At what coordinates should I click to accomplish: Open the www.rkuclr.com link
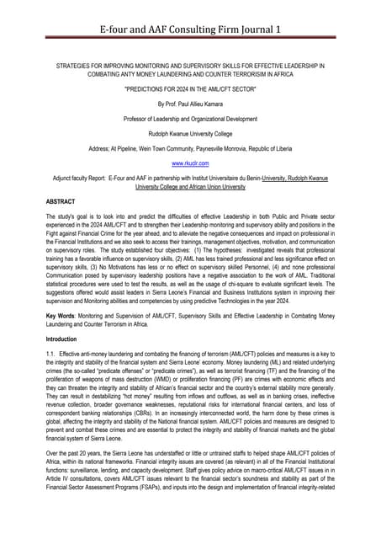(x=190, y=163)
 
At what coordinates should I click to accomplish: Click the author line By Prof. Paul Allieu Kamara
(x=190, y=104)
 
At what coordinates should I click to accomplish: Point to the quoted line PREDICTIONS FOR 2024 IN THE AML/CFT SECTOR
(x=190, y=88)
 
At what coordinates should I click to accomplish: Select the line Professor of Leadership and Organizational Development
(x=190, y=119)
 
